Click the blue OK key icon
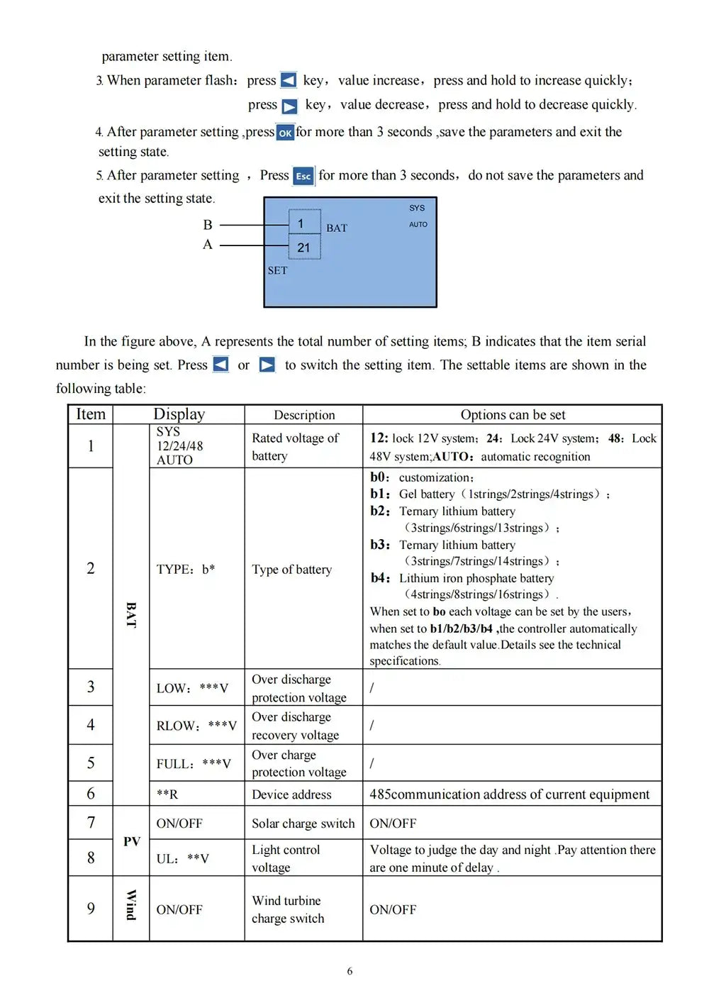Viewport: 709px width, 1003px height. pos(285,133)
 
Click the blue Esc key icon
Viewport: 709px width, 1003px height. pos(303,176)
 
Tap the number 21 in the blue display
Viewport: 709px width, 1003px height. pos(303,248)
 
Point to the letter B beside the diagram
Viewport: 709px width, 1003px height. pos(208,225)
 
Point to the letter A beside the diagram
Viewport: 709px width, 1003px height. pos(208,245)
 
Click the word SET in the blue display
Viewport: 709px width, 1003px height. pos(277,270)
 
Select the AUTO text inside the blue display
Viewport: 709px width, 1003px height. pos(418,224)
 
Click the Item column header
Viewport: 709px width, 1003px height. pos(91,414)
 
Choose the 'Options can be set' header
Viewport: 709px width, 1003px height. pos(513,415)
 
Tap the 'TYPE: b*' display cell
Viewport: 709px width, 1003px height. pos(186,569)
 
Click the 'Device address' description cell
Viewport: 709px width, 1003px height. pos(291,794)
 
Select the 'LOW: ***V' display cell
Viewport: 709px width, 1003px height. pos(192,688)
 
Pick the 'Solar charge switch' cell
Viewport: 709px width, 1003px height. pos(303,824)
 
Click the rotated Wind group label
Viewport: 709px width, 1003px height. pos(131,905)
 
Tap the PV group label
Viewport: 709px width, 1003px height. pos(132,841)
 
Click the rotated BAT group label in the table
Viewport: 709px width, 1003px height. pos(131,614)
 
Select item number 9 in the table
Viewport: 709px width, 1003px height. pos(91,909)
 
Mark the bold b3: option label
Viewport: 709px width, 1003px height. pos(380,545)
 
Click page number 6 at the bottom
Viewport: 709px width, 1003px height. pos(350,971)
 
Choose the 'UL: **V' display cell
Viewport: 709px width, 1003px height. pos(183,858)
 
